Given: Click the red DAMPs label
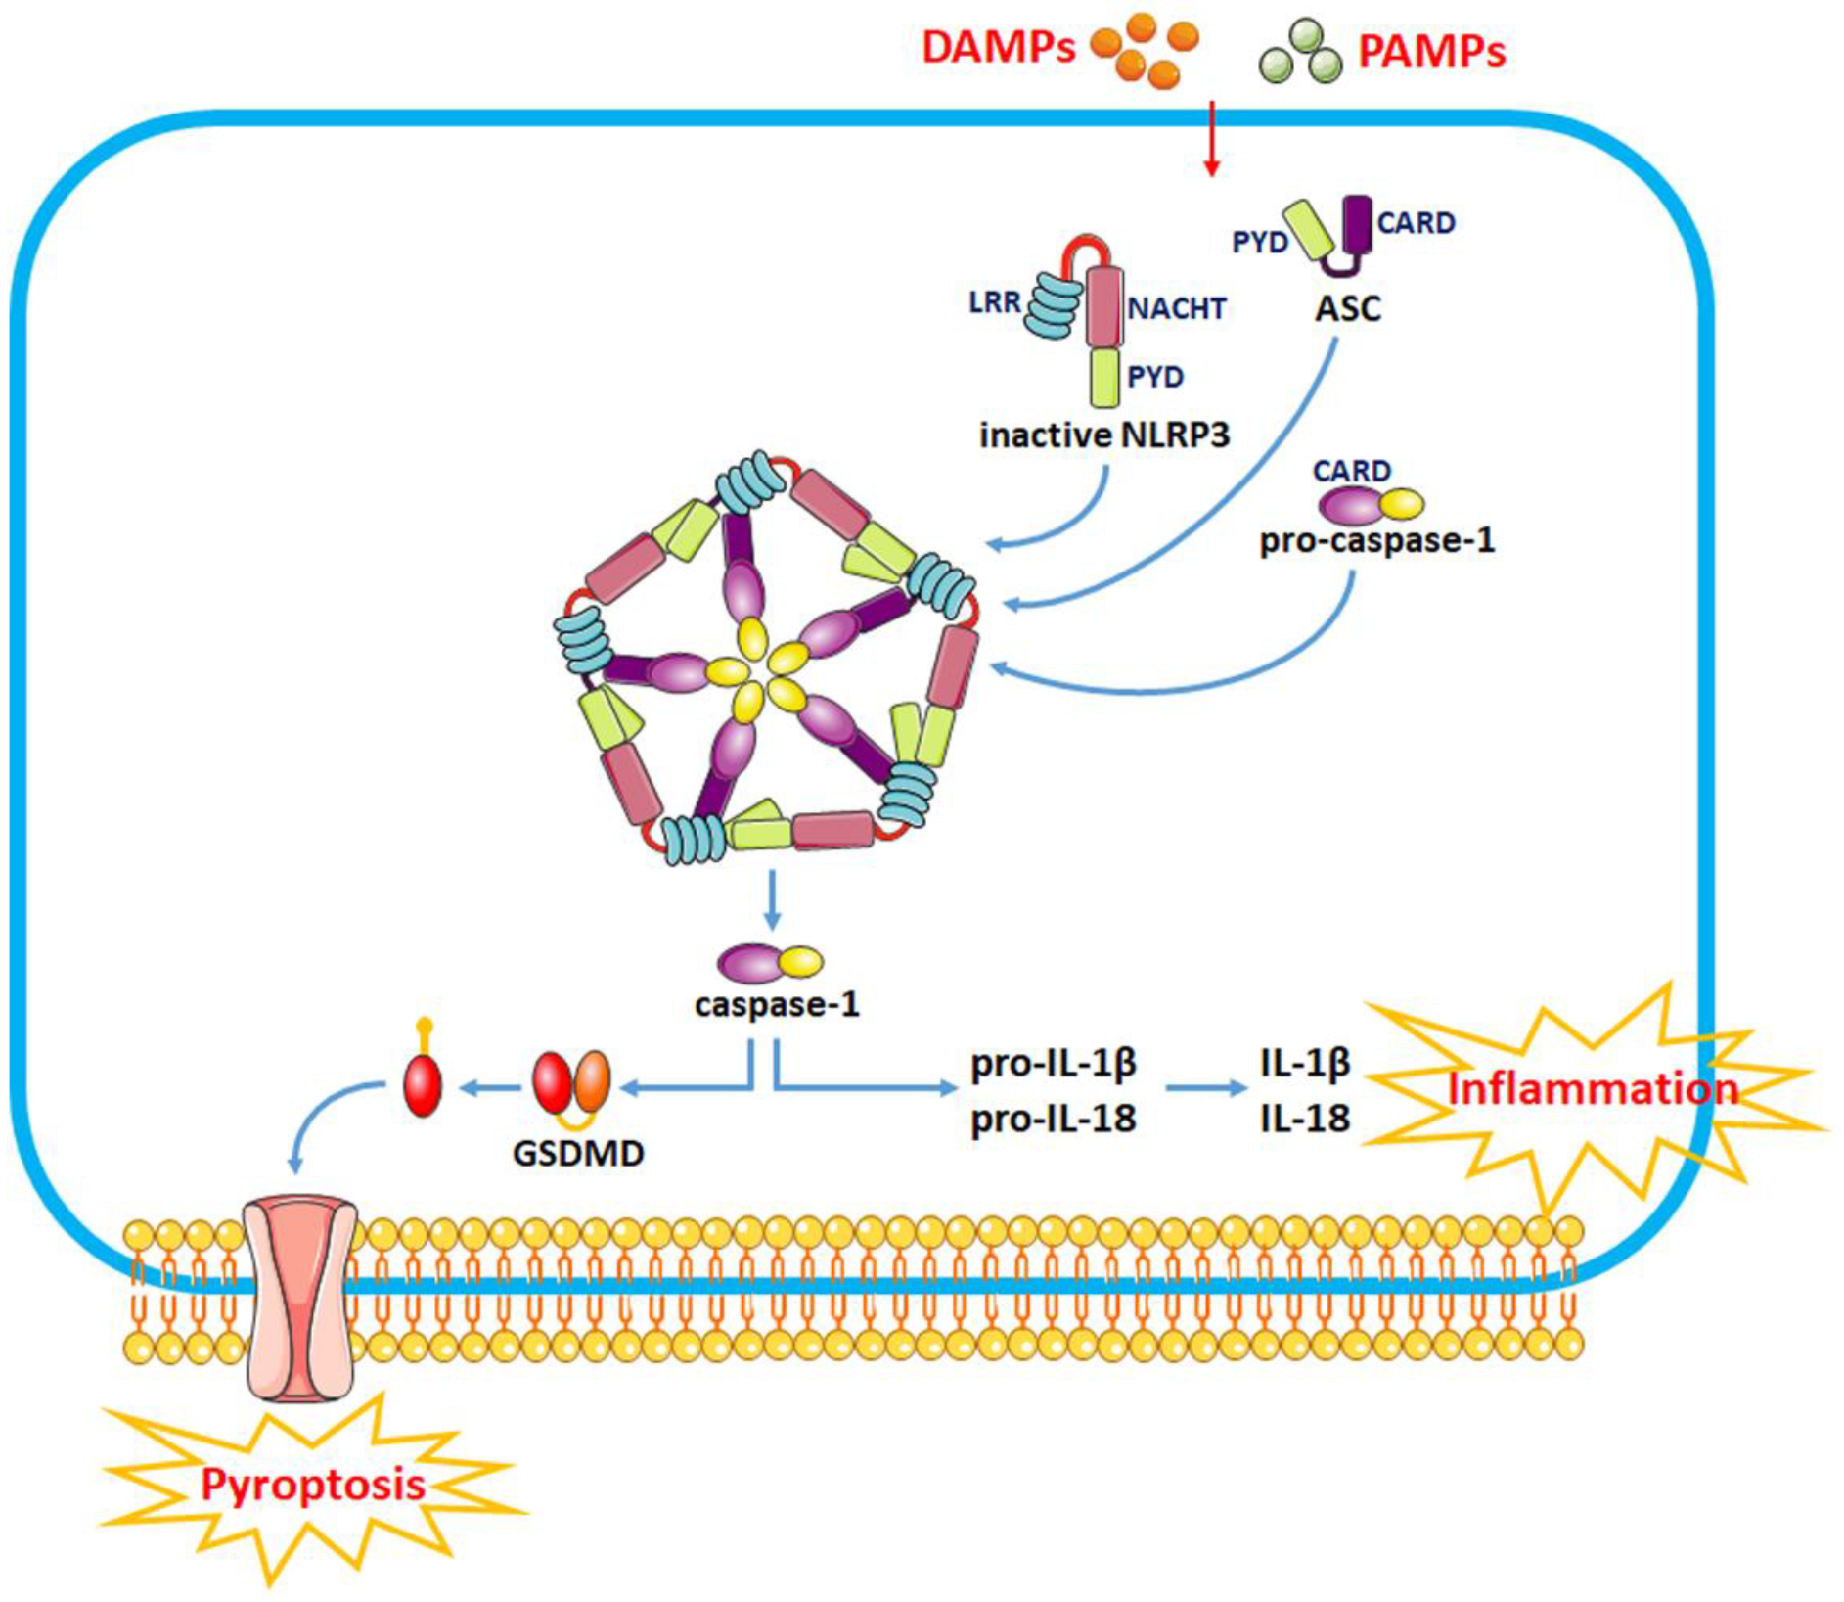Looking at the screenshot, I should tap(998, 47).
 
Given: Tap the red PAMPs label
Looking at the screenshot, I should tap(1431, 51).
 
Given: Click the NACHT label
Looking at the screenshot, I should tap(1177, 309).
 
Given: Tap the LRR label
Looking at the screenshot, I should tap(994, 302).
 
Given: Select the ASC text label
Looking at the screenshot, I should tap(1347, 309).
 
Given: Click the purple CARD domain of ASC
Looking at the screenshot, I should tap(1357, 224).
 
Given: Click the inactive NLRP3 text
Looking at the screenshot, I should tap(1103, 435).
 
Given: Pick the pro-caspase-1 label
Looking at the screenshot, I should tap(1376, 540).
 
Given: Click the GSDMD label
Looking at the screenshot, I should tap(578, 1153).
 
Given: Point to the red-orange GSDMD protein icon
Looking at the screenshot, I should tap(571, 1081).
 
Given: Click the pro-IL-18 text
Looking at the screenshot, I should tap(1053, 1118).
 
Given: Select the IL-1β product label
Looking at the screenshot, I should tap(1304, 1063).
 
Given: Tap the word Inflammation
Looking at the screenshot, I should tap(1592, 1089).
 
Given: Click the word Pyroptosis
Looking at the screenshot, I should tap(313, 1485).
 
